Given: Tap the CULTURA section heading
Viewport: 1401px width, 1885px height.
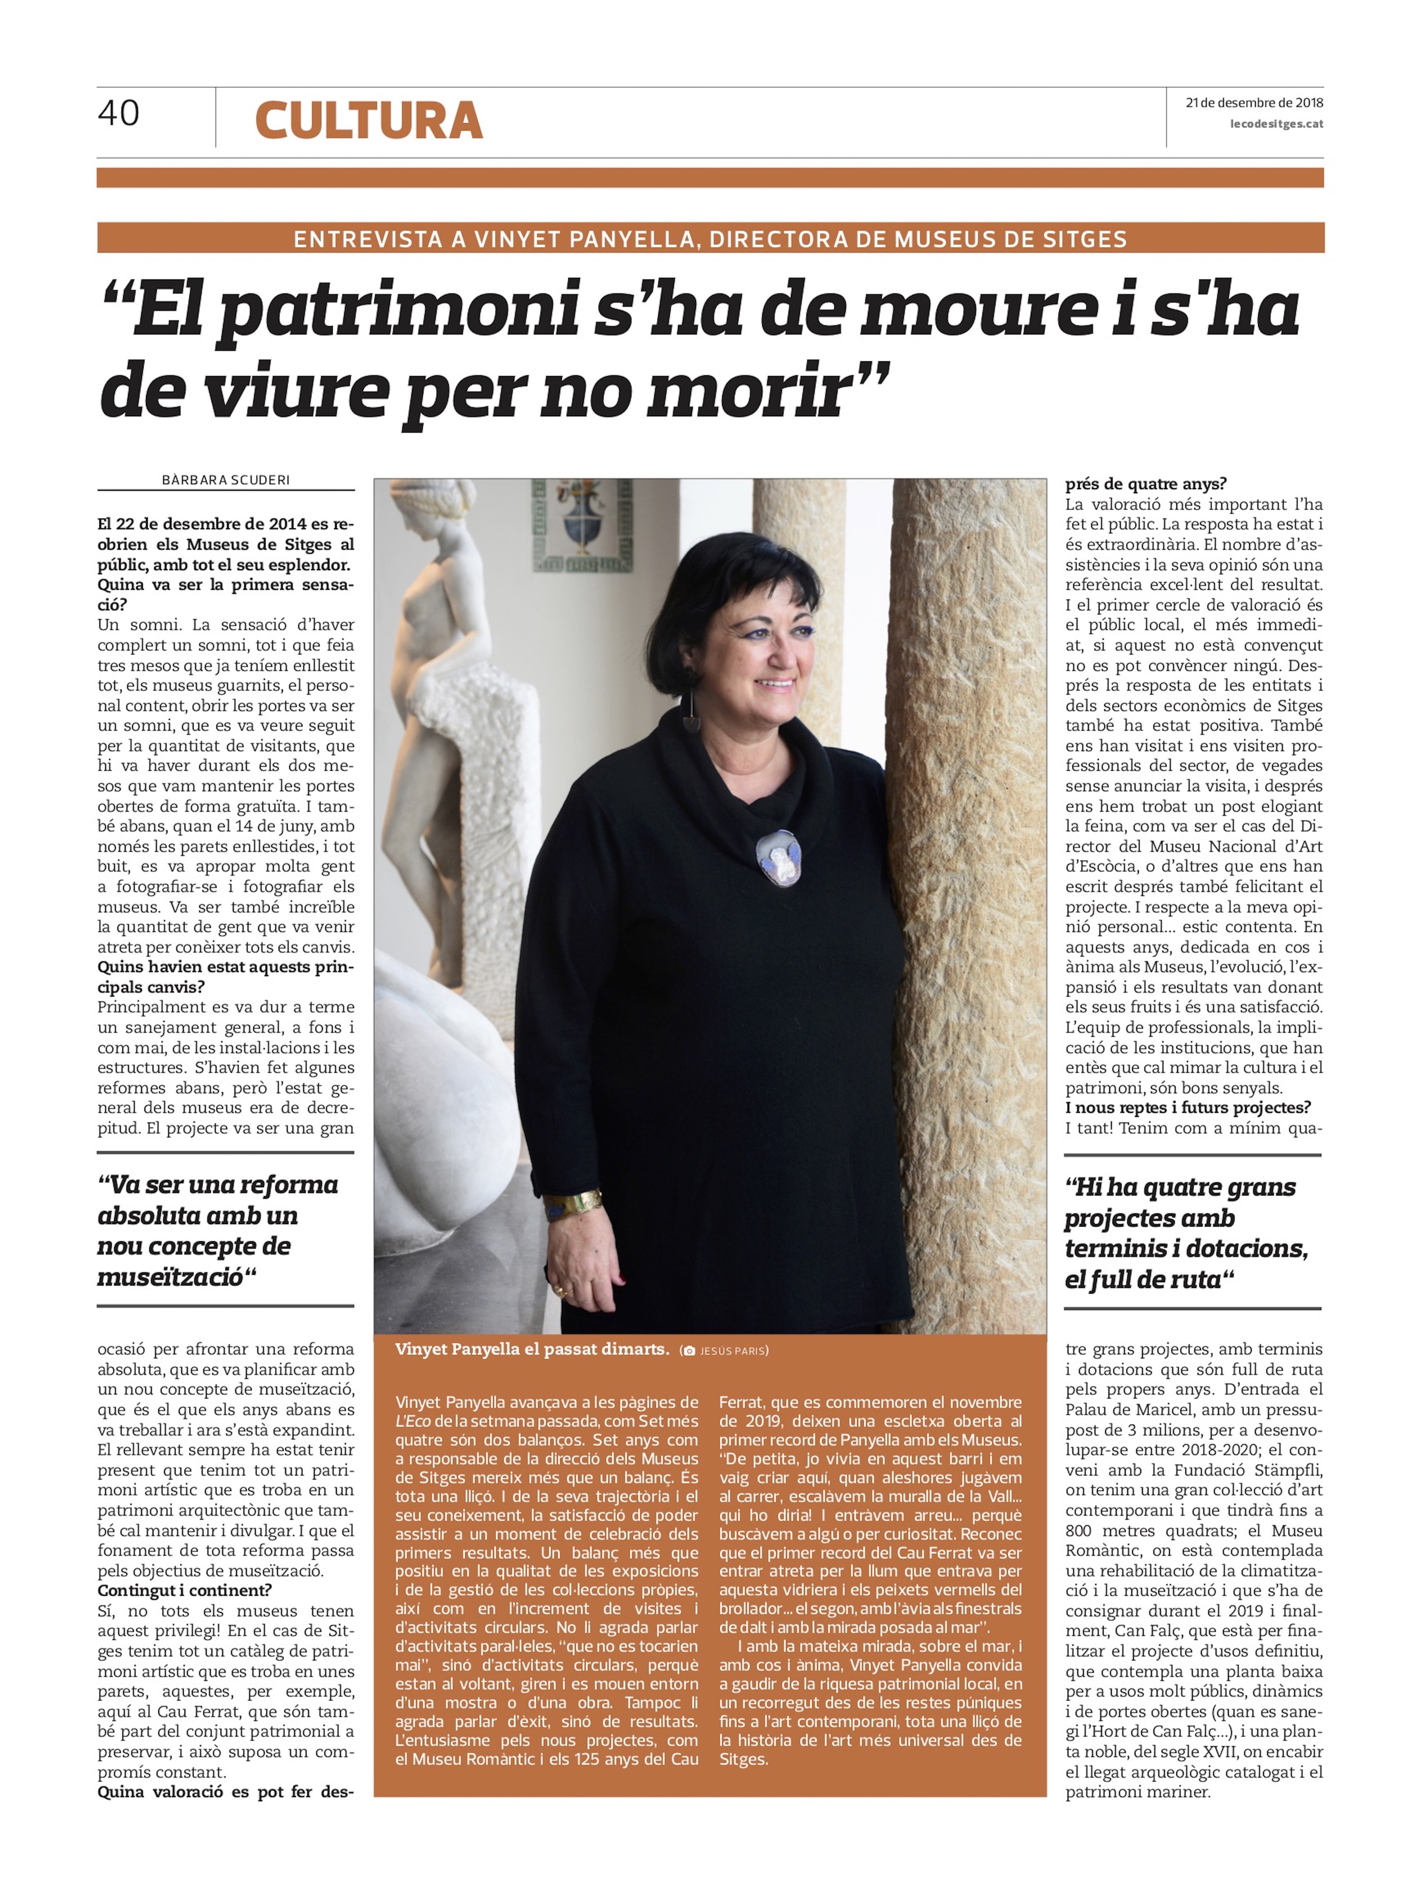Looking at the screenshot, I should [369, 120].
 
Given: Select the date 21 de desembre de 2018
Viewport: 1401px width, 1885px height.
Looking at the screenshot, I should [1253, 103].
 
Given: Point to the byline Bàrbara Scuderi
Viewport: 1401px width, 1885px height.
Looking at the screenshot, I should [226, 480].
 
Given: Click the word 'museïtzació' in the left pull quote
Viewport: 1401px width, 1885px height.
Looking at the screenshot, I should [170, 1277].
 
